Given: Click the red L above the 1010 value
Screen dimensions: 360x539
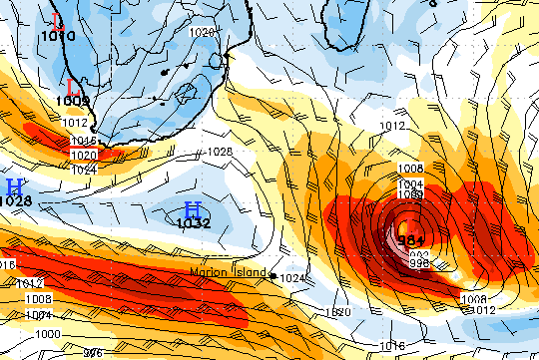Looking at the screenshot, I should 57,21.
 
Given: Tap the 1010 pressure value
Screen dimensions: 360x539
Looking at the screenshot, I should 58,36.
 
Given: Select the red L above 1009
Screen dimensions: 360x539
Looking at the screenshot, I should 73,87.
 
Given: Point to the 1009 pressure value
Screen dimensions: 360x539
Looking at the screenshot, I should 73,101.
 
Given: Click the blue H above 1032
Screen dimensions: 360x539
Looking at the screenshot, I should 193,209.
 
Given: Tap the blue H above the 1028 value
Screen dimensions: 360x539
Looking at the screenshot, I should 14,186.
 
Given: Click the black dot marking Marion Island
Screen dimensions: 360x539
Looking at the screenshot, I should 272,275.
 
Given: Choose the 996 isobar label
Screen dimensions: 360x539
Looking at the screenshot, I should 92,353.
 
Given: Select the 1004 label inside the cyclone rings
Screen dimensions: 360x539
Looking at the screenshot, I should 410,184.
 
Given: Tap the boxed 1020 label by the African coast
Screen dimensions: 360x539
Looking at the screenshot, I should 85,155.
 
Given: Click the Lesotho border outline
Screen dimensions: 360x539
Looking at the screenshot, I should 185,96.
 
